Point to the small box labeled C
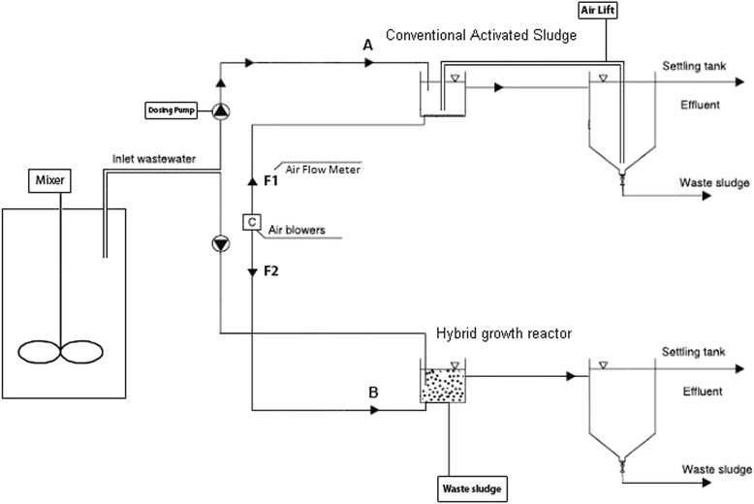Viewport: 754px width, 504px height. [252, 221]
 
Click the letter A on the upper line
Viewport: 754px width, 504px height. [368, 44]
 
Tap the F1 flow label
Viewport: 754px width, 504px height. [271, 180]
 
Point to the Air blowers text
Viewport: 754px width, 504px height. [297, 232]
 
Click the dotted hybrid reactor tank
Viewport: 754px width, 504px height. [442, 386]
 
